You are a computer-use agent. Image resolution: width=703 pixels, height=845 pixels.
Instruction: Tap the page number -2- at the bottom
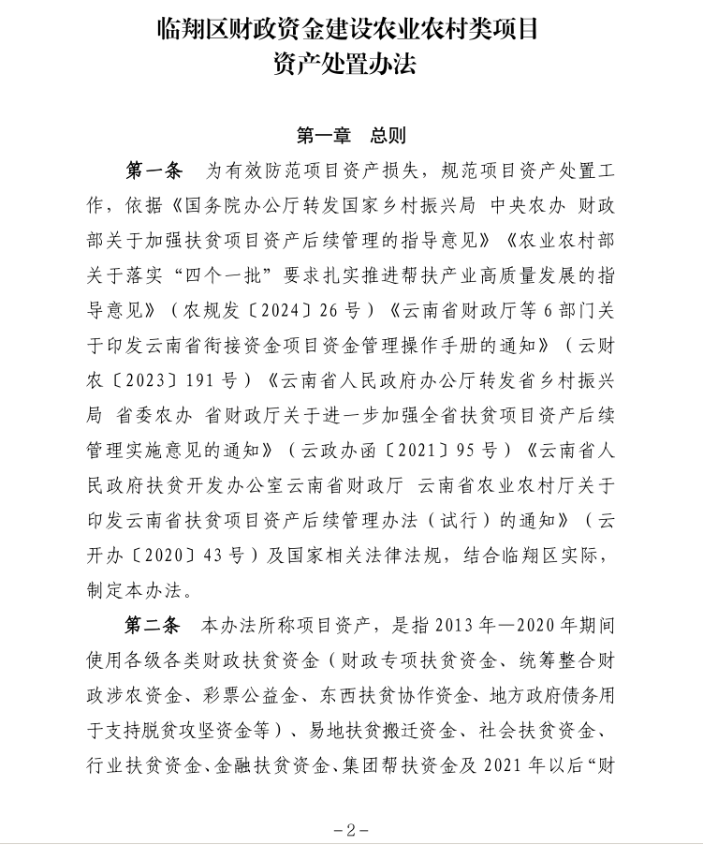351,829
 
